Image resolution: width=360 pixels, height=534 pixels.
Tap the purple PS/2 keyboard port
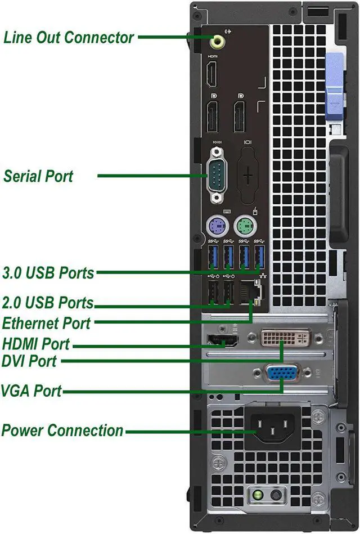point(217,226)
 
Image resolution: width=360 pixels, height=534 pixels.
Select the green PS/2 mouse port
point(246,226)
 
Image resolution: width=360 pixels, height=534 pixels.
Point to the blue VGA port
point(282,373)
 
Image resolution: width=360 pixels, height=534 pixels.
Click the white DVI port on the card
point(285,338)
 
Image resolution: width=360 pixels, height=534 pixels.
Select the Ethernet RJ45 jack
point(251,292)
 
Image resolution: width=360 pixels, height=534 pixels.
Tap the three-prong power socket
point(273,427)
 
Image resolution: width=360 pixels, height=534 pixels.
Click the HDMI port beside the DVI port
point(223,340)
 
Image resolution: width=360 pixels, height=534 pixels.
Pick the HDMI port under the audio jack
point(212,74)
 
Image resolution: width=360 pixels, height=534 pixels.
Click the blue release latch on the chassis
point(335,87)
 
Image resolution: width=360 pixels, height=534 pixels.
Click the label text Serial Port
point(38,177)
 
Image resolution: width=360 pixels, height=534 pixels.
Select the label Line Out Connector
point(68,38)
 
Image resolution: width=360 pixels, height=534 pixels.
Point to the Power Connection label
point(62,430)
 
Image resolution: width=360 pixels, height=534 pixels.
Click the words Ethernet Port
point(47,324)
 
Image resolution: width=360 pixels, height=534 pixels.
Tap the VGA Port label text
point(31,391)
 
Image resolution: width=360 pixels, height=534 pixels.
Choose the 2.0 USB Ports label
point(48,303)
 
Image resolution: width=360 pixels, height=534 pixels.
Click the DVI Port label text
point(29,361)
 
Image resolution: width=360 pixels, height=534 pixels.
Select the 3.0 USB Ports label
point(48,273)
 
